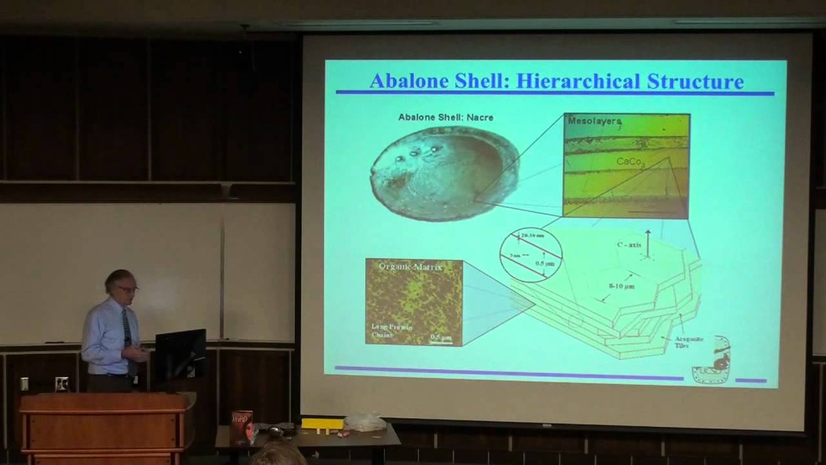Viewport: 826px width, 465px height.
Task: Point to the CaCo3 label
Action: point(630,161)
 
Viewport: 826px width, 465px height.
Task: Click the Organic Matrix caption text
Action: point(411,266)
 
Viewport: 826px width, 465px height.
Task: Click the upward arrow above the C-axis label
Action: point(647,240)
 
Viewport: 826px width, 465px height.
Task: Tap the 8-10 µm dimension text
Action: point(621,285)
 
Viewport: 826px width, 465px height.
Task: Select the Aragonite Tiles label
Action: point(686,340)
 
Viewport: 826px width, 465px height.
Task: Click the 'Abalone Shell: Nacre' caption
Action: point(445,117)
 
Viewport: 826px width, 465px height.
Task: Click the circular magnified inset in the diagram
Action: point(531,254)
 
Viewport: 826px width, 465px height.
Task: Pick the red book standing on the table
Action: point(241,428)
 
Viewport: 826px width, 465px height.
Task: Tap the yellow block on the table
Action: point(322,424)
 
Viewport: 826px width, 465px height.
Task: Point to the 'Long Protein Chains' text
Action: point(390,330)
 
